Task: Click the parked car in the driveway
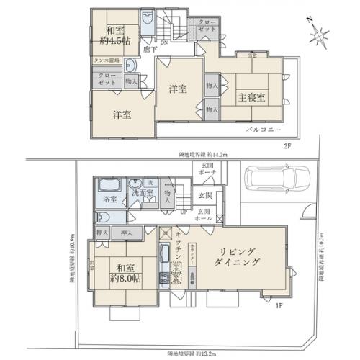(276, 180)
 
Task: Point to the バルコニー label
(261, 129)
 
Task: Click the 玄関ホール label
(204, 214)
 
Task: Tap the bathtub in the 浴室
(110, 184)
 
